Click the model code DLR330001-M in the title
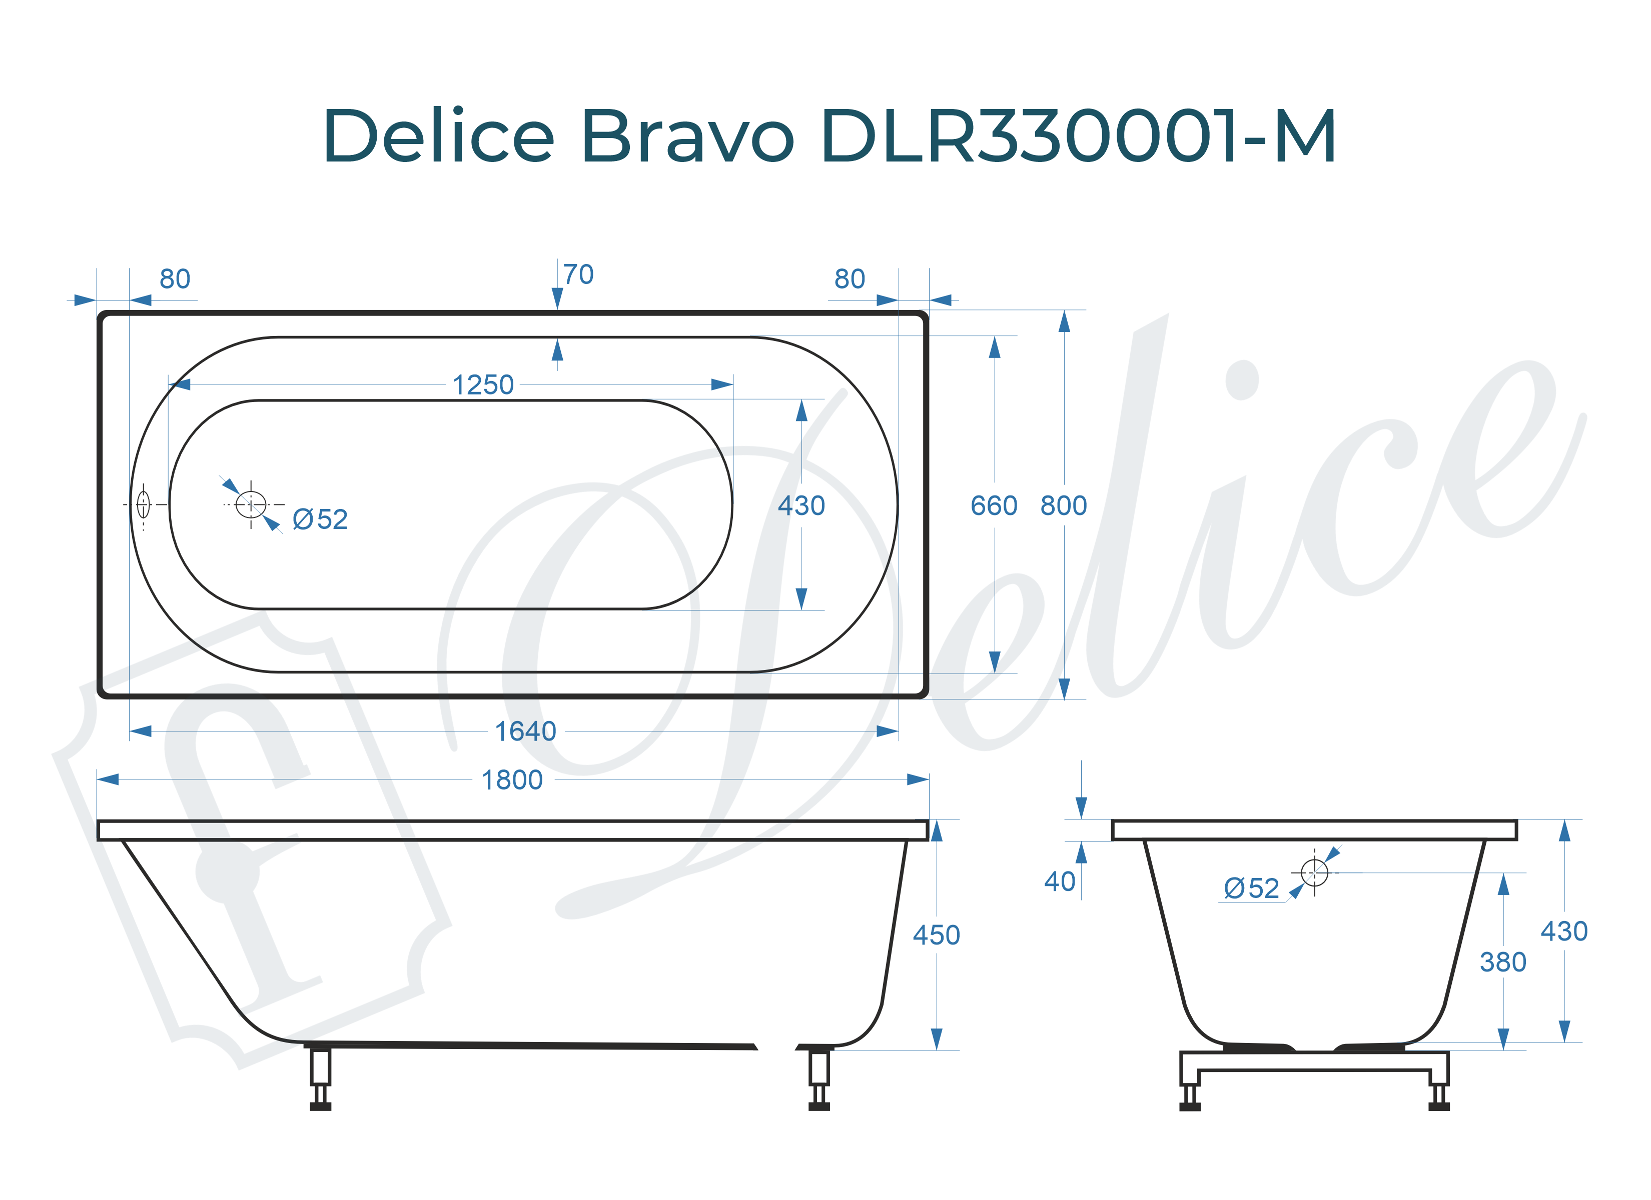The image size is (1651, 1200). [1077, 136]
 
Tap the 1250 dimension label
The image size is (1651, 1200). [483, 385]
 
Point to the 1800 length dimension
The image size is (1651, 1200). [512, 780]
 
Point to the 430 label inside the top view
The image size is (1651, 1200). [801, 506]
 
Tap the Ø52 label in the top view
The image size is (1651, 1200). [320, 519]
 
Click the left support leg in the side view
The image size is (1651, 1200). [320, 1077]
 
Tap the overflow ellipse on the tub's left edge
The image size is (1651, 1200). [144, 504]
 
